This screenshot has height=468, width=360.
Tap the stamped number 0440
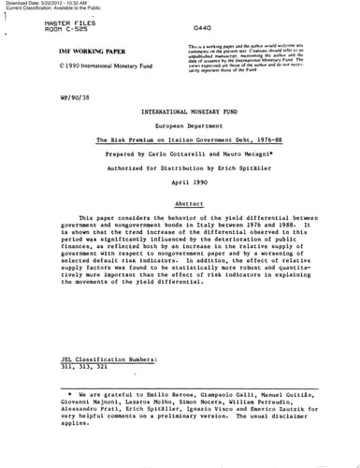(201, 30)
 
